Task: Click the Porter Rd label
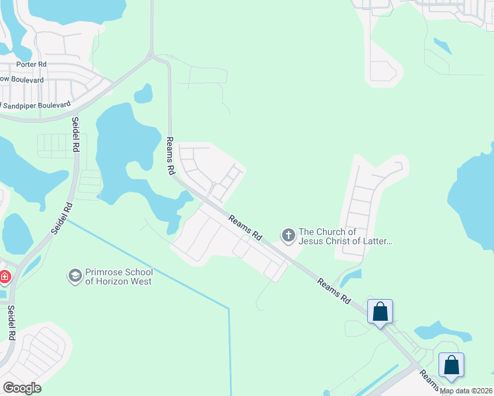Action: tap(32, 65)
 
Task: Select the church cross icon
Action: tap(288, 235)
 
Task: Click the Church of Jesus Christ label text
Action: tap(345, 236)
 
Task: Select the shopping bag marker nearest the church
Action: tap(380, 312)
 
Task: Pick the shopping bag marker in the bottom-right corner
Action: tap(451, 364)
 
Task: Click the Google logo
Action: tap(22, 388)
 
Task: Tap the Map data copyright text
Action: tap(466, 391)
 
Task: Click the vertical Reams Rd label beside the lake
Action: tap(170, 156)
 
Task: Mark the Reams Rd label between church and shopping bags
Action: tap(334, 290)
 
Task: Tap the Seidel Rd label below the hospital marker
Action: tap(11, 322)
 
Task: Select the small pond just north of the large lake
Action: tap(143, 94)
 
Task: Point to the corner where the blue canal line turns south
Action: tap(229, 308)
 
